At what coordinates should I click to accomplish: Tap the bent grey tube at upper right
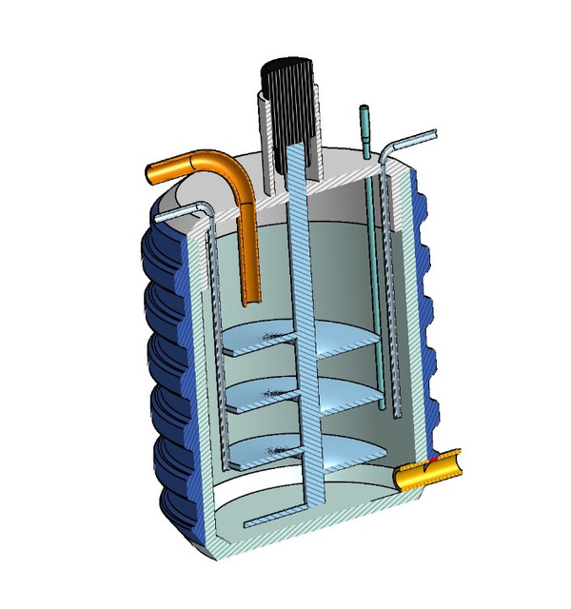click(x=409, y=143)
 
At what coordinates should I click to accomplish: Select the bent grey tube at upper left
click(x=181, y=211)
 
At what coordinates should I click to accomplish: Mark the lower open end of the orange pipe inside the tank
click(x=252, y=303)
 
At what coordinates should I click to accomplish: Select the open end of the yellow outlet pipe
click(x=454, y=460)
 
